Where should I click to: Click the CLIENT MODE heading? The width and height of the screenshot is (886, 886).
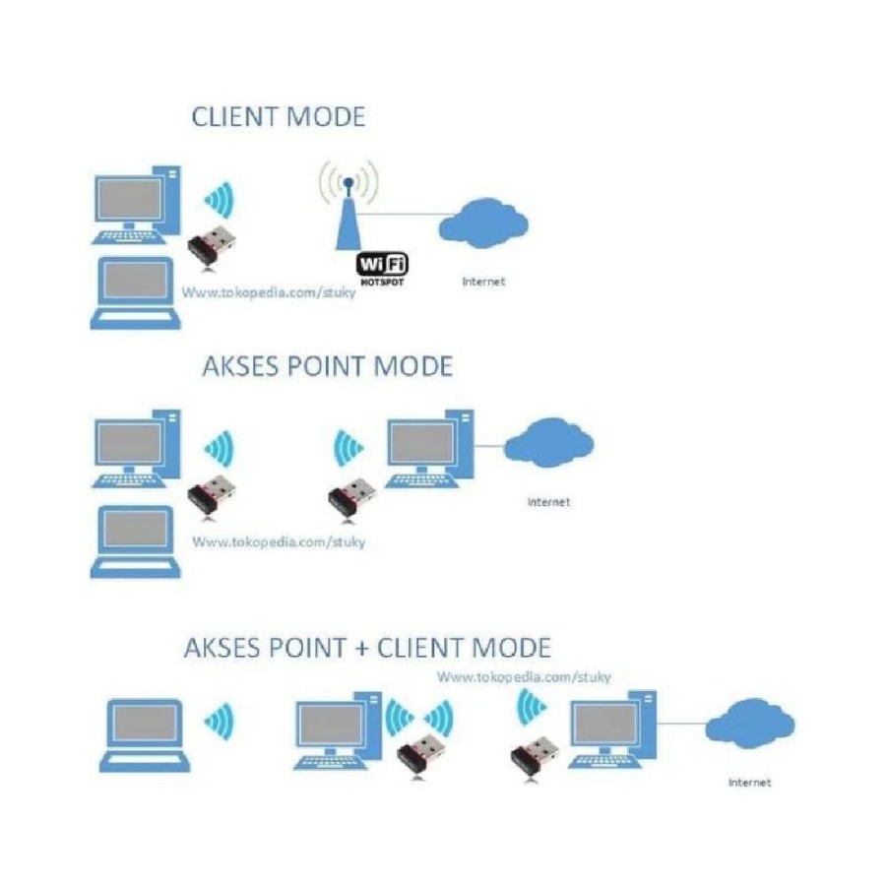point(278,117)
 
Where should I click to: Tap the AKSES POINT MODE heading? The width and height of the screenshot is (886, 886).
point(327,366)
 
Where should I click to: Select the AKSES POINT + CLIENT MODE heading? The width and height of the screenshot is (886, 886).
point(367,648)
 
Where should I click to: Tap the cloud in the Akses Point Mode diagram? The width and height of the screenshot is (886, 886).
point(548,443)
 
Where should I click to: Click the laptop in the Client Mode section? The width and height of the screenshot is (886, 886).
point(136,292)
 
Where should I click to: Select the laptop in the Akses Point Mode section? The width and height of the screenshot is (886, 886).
point(136,540)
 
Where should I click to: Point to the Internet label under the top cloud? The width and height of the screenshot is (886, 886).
point(483,282)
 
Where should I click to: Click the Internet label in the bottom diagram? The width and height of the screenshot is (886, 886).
point(749,783)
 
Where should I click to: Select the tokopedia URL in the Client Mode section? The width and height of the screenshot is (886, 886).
point(267,293)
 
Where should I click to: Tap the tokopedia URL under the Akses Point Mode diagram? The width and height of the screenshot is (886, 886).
point(278,541)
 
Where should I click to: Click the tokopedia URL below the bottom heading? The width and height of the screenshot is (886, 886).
point(524,677)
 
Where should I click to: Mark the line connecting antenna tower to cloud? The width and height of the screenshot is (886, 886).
point(399,212)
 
